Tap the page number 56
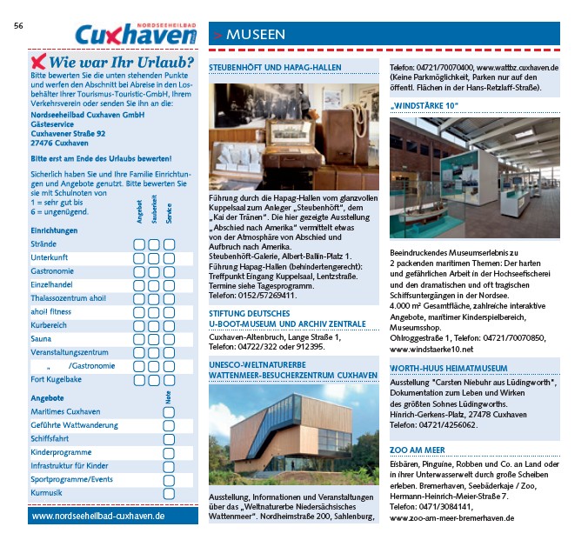click(x=18, y=25)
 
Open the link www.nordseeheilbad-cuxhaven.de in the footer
click(x=98, y=516)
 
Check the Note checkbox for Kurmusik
click(x=168, y=493)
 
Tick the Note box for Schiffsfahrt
click(x=168, y=439)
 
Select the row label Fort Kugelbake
click(x=57, y=379)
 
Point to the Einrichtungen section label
click(x=54, y=230)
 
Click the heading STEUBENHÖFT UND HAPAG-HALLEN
click(x=275, y=67)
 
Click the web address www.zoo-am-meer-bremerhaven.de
click(x=451, y=517)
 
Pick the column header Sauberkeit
click(x=154, y=214)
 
